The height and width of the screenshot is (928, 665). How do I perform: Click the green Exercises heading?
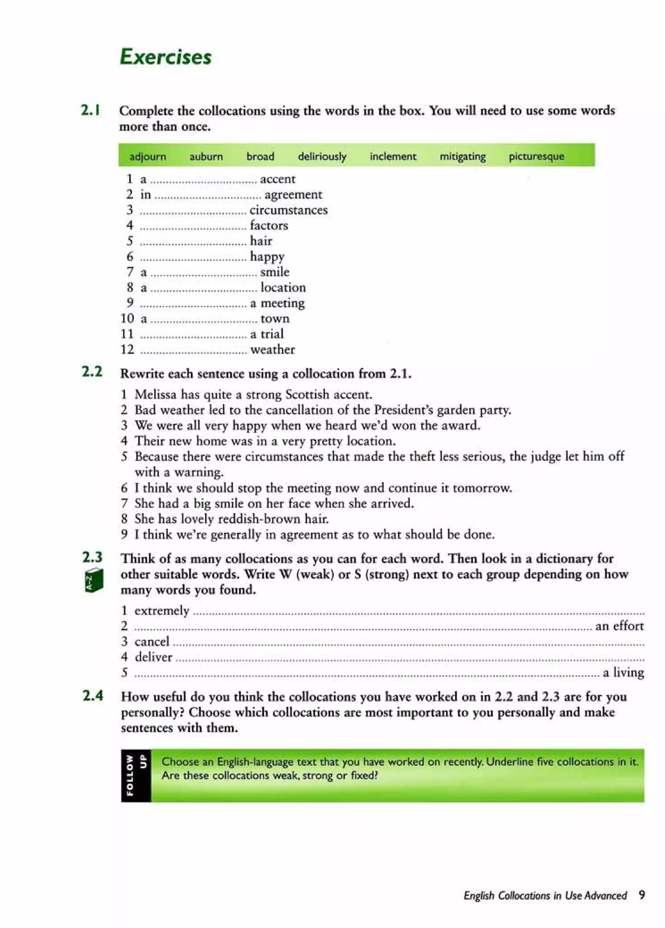166,57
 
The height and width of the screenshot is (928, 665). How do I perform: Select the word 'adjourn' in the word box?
148,156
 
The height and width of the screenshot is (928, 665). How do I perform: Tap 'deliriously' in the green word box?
322,156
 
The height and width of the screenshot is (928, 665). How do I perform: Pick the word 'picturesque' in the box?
536,156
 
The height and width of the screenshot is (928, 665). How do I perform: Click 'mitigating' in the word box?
462,156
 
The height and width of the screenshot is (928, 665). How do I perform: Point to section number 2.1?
91,110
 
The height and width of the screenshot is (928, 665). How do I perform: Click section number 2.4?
93,696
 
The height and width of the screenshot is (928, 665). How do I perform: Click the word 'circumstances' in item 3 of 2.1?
289,210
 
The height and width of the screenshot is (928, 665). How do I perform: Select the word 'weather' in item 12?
272,349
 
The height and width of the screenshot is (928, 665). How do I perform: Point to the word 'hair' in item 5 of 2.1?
261,241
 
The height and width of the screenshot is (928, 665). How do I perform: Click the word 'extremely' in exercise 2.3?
162,610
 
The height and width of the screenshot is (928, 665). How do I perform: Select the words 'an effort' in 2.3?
619,626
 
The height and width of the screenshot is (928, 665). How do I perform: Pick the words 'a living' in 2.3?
623,672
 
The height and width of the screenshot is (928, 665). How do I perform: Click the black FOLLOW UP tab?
136,775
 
